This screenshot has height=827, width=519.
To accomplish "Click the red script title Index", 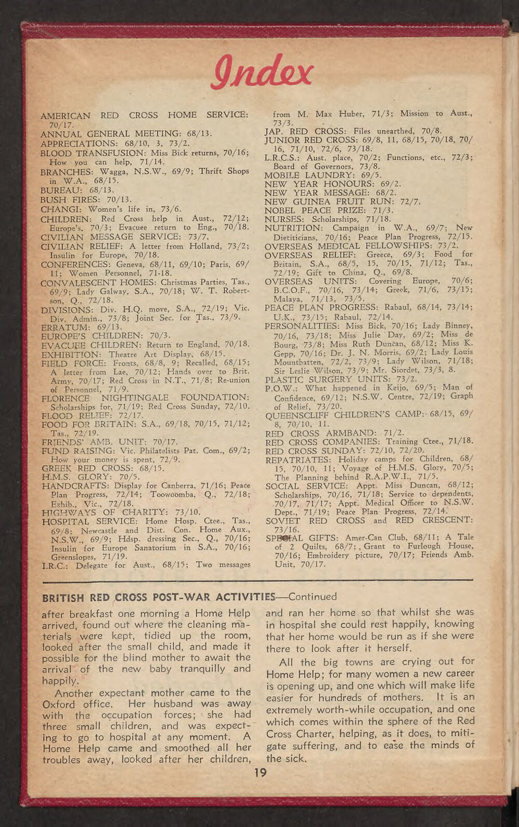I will pyautogui.click(x=262, y=73).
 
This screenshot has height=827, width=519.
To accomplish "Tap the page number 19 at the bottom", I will pyautogui.click(x=261, y=773).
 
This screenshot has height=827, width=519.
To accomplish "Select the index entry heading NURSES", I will pyautogui.click(x=283, y=219).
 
